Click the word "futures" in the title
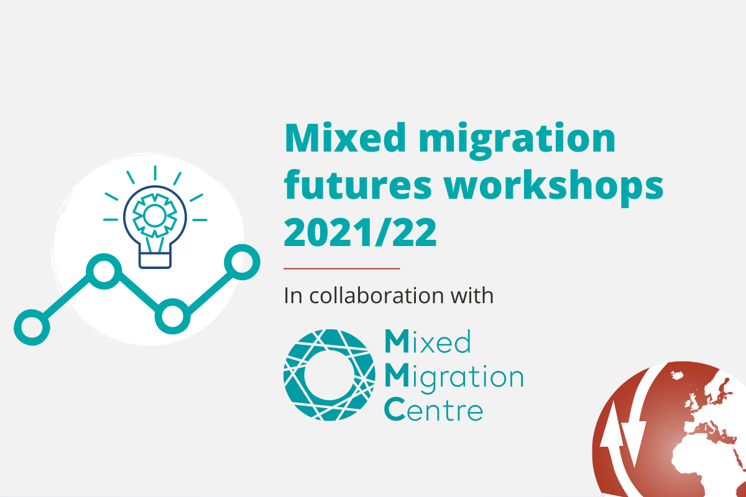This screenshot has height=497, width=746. pos(357,185)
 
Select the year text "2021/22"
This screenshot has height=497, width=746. pos(360,232)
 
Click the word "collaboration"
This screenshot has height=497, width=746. pos(376,295)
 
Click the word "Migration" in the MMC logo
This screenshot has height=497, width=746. pos(454,378)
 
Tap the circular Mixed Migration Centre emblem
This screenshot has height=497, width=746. pos(329,375)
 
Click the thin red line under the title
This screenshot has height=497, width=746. pos(342,268)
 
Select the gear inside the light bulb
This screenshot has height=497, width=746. pos(155,216)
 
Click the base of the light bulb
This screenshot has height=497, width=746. pos(155,260)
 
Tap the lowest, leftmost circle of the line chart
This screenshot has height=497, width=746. pos(32,327)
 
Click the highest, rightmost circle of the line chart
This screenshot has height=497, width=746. pos(242,262)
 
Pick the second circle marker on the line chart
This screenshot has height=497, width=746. pos(104,271)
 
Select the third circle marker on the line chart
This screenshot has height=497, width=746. pos(173,316)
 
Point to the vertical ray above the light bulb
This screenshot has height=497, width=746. pos(155,173)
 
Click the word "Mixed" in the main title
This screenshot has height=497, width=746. pos(345,138)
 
